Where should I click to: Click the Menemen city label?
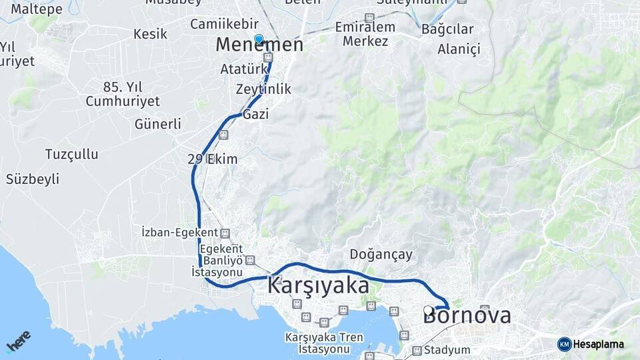(259, 45)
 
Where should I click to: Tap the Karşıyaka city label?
(318, 286)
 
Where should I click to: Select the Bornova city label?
(467, 315)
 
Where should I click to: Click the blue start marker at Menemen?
(259, 39)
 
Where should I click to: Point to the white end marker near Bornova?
(428, 310)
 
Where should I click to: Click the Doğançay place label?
(381, 255)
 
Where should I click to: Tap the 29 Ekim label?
(213, 159)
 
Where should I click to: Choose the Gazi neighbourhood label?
(256, 115)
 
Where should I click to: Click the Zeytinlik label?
(263, 89)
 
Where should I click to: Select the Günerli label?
(158, 124)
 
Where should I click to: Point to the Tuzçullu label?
(71, 154)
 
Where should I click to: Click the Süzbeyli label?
(33, 179)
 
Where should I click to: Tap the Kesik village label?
(150, 33)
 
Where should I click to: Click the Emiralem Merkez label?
(365, 34)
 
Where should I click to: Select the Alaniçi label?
(459, 49)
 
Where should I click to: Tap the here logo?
(19, 341)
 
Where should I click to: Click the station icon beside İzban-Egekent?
(225, 233)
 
